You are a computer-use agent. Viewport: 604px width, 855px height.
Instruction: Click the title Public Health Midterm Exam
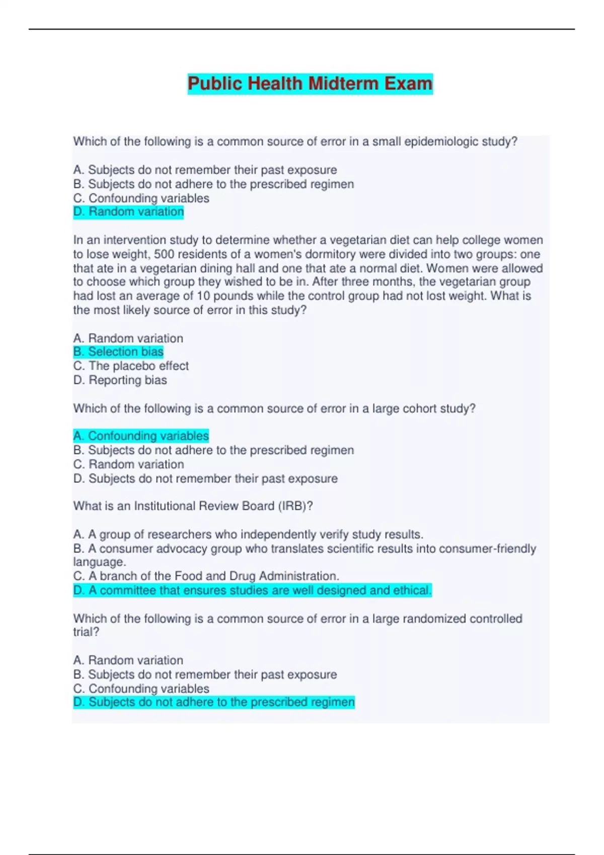[x=310, y=83]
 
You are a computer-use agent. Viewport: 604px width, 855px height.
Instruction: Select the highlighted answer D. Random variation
[x=128, y=212]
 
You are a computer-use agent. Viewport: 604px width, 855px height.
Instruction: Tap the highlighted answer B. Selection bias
[x=118, y=352]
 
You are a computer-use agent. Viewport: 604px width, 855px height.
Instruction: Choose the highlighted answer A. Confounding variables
[x=141, y=436]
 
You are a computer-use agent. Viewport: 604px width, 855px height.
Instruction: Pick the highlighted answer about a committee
[x=252, y=590]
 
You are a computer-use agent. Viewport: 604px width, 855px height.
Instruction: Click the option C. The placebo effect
[x=131, y=366]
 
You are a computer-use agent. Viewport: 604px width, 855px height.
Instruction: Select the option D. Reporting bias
[x=120, y=380]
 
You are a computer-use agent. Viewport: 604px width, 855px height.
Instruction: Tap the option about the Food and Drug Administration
[x=206, y=576]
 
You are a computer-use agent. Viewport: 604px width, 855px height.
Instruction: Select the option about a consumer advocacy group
[x=304, y=548]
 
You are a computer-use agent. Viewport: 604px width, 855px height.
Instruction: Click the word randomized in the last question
[x=434, y=619]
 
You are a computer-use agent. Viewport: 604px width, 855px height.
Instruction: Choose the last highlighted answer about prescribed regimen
[x=214, y=702]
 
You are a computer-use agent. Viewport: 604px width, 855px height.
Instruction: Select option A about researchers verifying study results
[x=248, y=534]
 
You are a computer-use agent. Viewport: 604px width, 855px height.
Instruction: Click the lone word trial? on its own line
[x=86, y=632]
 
